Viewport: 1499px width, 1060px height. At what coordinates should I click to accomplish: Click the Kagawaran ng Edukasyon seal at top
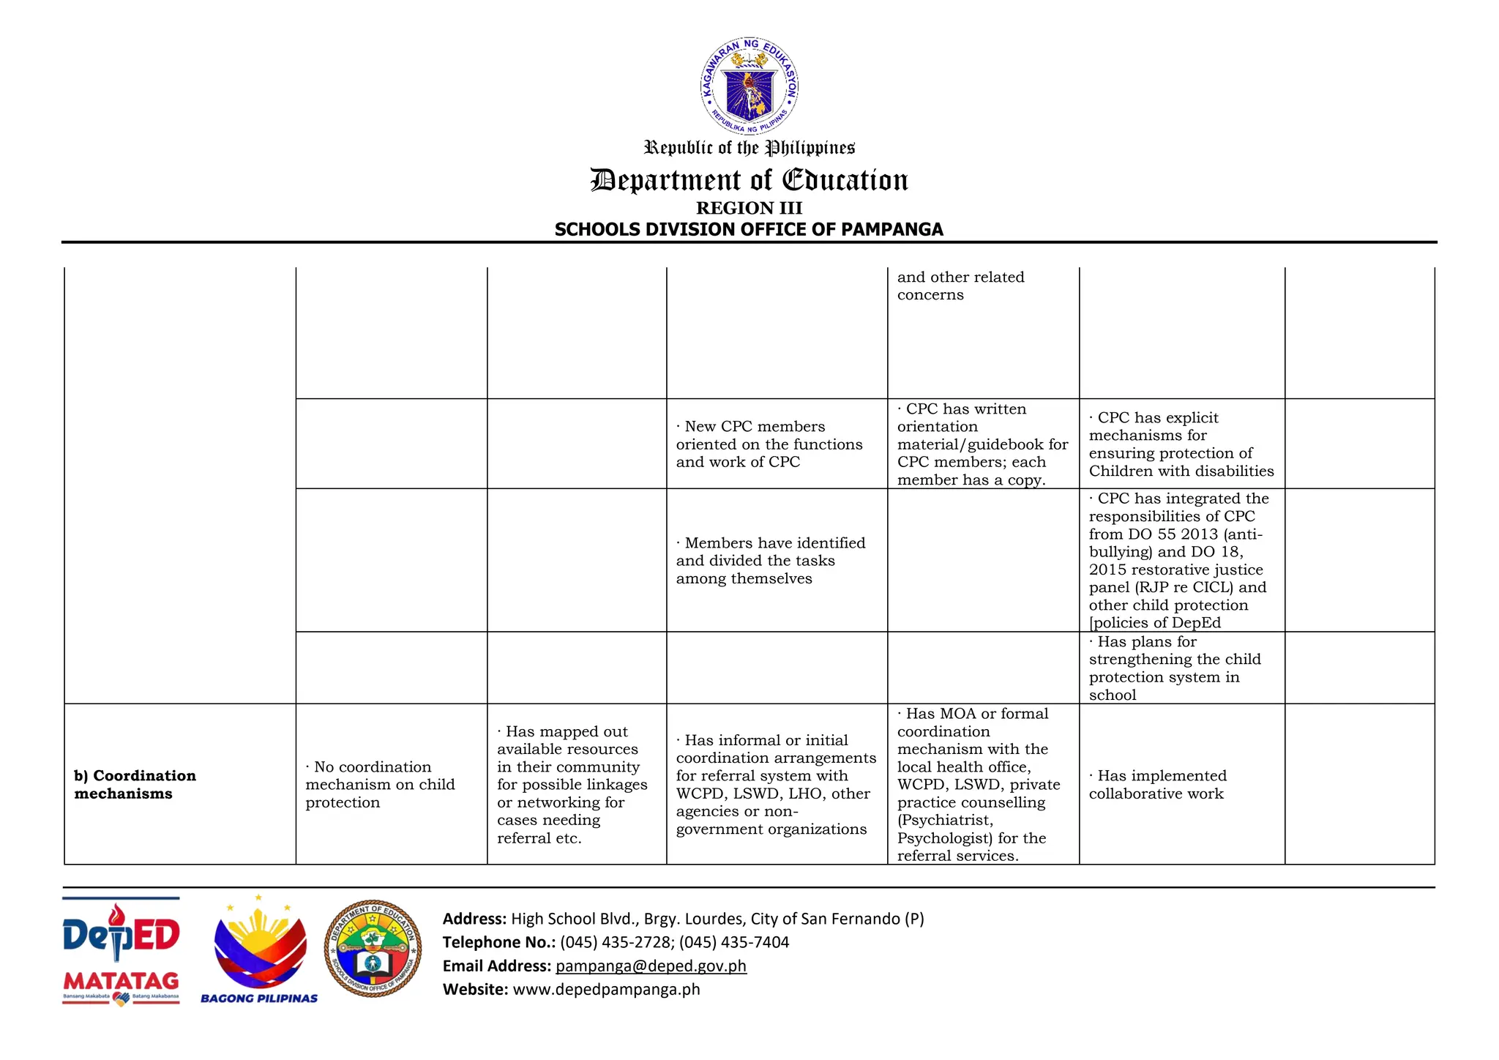(749, 86)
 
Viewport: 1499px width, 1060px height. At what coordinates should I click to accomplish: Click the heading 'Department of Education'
(749, 180)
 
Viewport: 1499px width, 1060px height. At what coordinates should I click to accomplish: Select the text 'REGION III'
(749, 209)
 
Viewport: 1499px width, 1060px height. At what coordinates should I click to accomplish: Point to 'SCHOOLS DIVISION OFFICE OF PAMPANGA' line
(749, 230)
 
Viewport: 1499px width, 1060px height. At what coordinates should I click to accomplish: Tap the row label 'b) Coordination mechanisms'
(135, 784)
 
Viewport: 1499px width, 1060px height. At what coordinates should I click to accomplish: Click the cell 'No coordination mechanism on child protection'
(380, 784)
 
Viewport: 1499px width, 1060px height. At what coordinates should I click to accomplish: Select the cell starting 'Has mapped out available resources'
(572, 784)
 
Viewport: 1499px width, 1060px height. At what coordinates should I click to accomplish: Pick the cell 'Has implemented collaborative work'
(1157, 784)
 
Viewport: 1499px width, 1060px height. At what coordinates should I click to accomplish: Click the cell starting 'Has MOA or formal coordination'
(979, 784)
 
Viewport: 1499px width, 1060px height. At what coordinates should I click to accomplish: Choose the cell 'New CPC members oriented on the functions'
(769, 444)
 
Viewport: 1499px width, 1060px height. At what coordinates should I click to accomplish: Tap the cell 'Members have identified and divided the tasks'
(770, 560)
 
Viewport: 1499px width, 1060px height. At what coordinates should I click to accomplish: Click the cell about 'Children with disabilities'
(1181, 444)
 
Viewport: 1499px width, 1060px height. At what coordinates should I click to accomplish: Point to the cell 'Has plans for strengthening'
(1174, 668)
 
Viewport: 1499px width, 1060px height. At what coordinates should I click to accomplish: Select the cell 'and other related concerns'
(960, 286)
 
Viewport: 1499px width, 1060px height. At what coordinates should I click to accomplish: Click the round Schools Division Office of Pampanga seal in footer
(373, 949)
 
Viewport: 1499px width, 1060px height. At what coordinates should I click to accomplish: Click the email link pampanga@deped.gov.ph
(651, 966)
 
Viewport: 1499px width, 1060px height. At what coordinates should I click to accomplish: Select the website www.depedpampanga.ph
(606, 990)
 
